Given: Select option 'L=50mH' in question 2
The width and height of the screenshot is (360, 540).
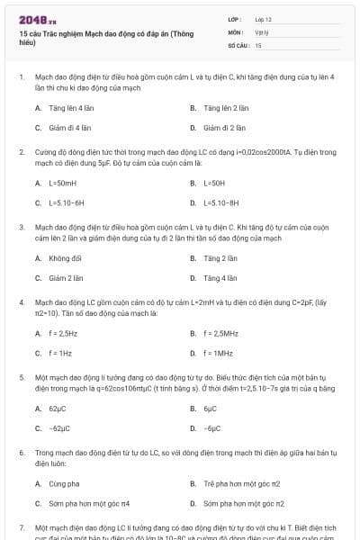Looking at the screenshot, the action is [x=62, y=183].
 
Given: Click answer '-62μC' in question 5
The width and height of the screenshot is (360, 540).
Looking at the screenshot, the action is [x=59, y=429].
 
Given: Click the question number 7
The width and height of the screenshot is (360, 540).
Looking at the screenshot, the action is [x=21, y=525].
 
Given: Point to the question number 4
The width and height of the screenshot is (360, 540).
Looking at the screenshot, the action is [x=21, y=303].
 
